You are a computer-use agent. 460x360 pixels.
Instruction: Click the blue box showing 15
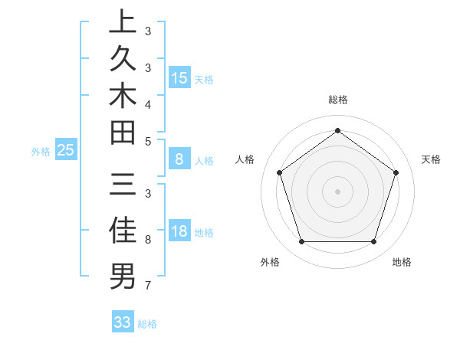point(179,78)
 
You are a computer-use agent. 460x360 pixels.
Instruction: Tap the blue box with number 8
point(179,159)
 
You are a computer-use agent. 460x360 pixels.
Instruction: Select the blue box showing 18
point(179,232)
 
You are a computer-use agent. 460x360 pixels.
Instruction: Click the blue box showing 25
point(66,150)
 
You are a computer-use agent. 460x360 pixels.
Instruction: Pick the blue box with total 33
point(123,322)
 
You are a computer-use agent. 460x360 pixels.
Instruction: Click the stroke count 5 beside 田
point(147,141)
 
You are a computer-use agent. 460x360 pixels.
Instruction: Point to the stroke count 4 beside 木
point(147,103)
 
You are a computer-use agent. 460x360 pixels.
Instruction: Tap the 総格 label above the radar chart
point(337,100)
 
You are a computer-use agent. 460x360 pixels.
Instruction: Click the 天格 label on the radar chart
point(431,159)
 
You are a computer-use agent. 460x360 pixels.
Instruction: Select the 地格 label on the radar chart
point(402,263)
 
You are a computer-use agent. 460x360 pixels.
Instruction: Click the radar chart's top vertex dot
point(337,130)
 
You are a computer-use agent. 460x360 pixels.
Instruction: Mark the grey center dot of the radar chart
point(337,191)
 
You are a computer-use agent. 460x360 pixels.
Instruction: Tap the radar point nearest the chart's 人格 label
point(279,173)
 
